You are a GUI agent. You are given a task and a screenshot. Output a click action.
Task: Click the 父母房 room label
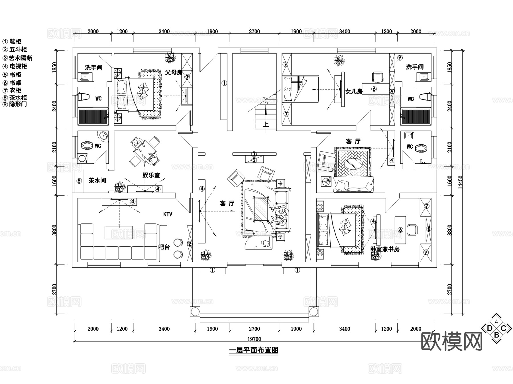(174, 72)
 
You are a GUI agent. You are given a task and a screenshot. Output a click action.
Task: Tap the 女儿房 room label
(354, 91)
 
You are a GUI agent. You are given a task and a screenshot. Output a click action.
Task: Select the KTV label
(168, 214)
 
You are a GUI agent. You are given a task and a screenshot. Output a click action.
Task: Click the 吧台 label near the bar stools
(164, 247)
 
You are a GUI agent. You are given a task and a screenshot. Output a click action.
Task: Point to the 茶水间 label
(97, 180)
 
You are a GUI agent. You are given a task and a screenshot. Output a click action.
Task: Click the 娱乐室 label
(151, 175)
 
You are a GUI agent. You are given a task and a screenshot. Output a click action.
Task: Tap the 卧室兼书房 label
(385, 249)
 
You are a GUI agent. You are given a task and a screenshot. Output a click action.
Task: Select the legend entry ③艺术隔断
(17, 58)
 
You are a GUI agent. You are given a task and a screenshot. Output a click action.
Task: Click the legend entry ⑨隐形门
(15, 104)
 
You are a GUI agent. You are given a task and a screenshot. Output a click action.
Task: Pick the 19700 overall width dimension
(254, 339)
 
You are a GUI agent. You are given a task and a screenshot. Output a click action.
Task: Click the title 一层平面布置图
(254, 350)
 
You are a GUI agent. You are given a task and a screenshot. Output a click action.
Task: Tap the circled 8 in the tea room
(79, 181)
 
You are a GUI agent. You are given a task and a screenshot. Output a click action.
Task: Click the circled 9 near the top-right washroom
(400, 58)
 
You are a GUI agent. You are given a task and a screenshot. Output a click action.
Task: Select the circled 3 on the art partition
(254, 154)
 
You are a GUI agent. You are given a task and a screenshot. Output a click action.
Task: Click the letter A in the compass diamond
(496, 322)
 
